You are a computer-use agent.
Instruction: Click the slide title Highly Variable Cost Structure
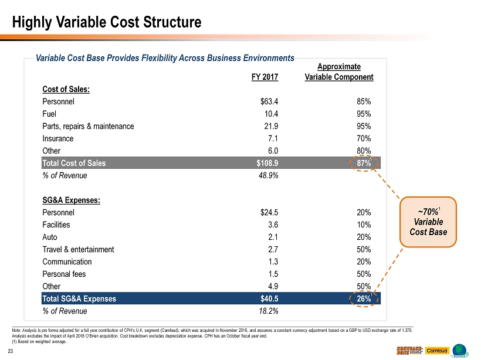click(107, 22)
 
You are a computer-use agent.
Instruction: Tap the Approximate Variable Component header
click(340, 72)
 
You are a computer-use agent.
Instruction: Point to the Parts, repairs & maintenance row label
click(88, 126)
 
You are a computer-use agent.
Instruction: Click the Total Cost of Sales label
click(74, 163)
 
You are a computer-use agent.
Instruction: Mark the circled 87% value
click(362, 163)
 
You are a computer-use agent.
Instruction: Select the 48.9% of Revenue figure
click(267, 175)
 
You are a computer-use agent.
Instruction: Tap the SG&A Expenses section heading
click(71, 200)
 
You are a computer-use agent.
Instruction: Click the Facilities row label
click(56, 225)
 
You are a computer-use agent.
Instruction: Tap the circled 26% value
click(362, 298)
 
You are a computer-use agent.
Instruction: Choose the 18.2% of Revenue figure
click(267, 311)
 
